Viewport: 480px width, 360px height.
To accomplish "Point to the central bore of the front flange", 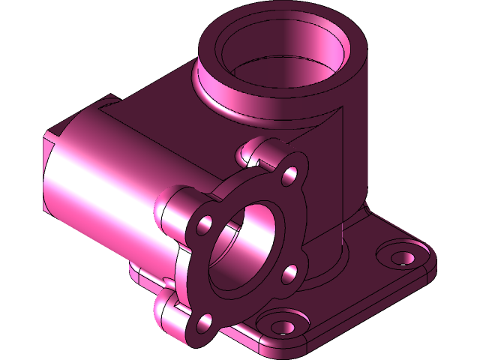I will coord(244,247).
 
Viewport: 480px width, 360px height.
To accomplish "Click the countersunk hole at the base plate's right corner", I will coord(401,256).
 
